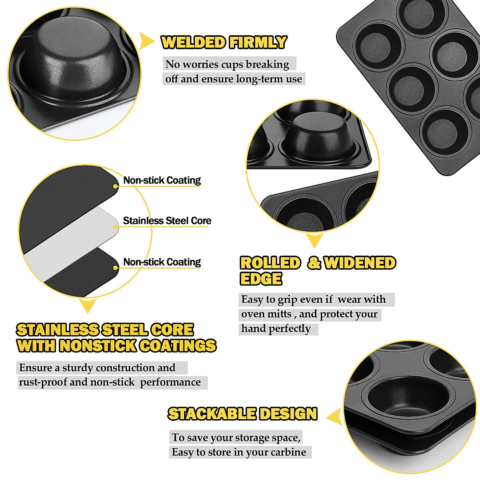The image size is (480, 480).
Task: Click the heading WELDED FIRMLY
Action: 224,42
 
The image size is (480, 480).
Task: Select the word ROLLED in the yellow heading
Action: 270,263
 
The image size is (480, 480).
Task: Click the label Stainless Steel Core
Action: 167,221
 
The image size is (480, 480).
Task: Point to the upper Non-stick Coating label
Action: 162,180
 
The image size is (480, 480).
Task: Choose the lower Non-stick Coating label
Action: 162,262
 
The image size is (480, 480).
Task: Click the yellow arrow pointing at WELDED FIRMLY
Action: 146,41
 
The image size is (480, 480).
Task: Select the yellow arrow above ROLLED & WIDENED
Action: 314,240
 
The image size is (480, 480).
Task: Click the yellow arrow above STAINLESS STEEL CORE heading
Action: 88,306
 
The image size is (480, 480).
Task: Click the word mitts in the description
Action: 280,314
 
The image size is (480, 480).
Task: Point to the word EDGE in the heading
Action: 261,279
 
